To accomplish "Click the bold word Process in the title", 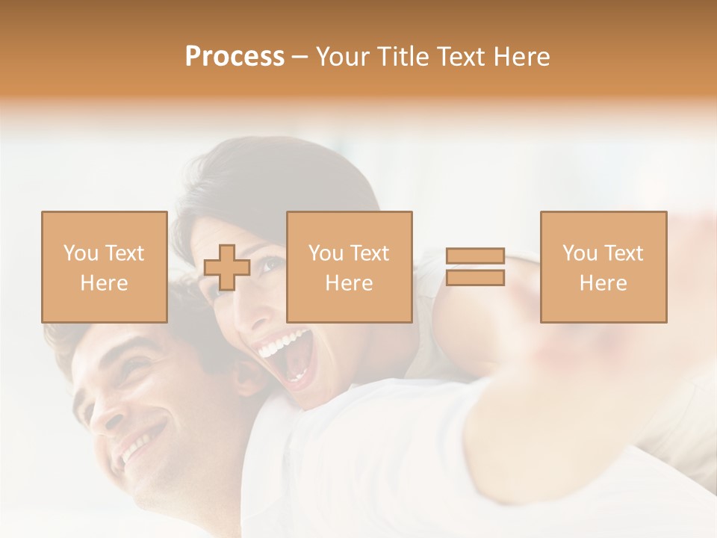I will (235, 57).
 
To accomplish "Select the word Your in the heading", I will (344, 57).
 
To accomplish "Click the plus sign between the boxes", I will (227, 268).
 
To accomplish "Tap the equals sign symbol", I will (476, 267).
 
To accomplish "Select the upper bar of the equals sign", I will (476, 256).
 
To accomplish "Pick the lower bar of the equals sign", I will (476, 277).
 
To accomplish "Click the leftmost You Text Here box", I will (104, 267).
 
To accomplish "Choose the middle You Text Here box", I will (349, 267).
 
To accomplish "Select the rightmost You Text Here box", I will (603, 267).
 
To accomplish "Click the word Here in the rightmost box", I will (603, 283).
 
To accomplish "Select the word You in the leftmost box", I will (80, 253).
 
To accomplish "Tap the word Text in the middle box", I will (370, 253).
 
